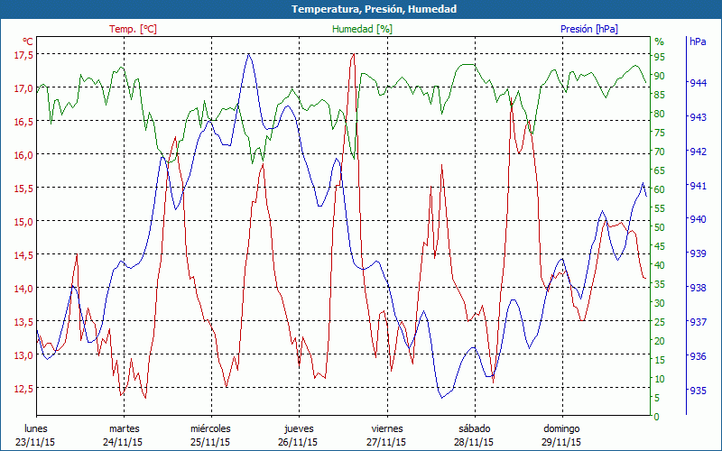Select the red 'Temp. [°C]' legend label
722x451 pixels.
pyautogui.click(x=133, y=29)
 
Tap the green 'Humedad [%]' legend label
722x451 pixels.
pyautogui.click(x=362, y=29)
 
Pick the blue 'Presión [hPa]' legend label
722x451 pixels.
pyautogui.click(x=588, y=29)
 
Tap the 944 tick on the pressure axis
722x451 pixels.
pyautogui.click(x=698, y=82)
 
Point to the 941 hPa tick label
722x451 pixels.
pyautogui.click(x=698, y=185)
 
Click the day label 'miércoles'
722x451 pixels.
pyautogui.click(x=210, y=428)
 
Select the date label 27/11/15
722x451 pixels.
pyautogui.click(x=387, y=442)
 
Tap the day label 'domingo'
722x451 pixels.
pyautogui.click(x=564, y=428)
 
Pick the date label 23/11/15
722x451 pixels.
pyautogui.click(x=36, y=442)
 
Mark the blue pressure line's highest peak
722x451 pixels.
pyautogui.click(x=248, y=54)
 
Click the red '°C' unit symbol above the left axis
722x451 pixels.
pyautogui.click(x=28, y=41)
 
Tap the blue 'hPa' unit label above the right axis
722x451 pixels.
pyautogui.click(x=698, y=41)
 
